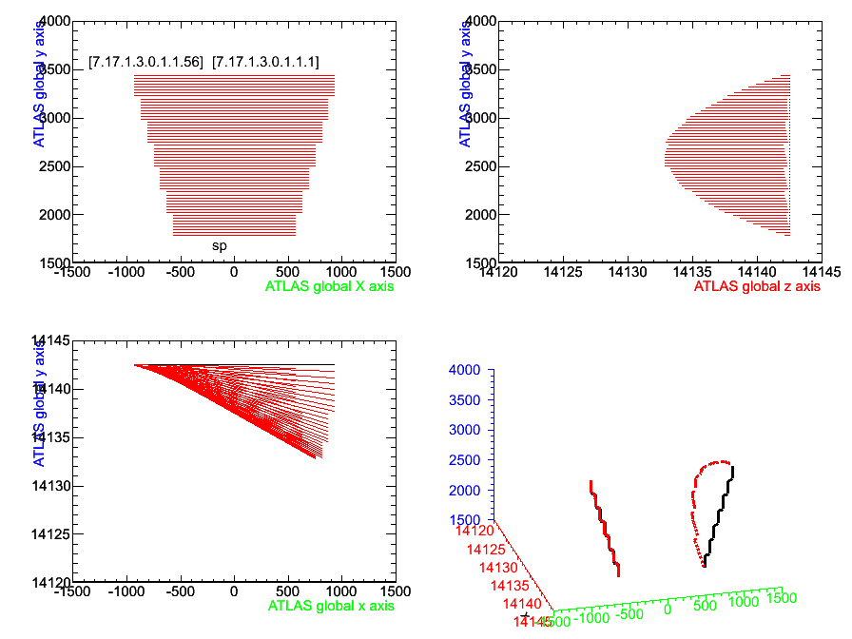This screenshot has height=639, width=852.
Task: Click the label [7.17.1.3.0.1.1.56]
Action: pyautogui.click(x=145, y=62)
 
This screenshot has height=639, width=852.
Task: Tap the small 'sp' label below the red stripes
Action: pyautogui.click(x=219, y=246)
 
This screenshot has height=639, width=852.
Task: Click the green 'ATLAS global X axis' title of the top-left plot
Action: pyautogui.click(x=329, y=285)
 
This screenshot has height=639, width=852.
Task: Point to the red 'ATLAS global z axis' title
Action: pyautogui.click(x=757, y=285)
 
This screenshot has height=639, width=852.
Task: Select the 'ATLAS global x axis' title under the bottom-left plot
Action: pyautogui.click(x=331, y=605)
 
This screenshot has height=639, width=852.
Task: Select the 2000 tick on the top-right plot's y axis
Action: pyautogui.click(x=482, y=215)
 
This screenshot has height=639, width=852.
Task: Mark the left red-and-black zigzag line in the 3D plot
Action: pyautogui.click(x=606, y=529)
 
